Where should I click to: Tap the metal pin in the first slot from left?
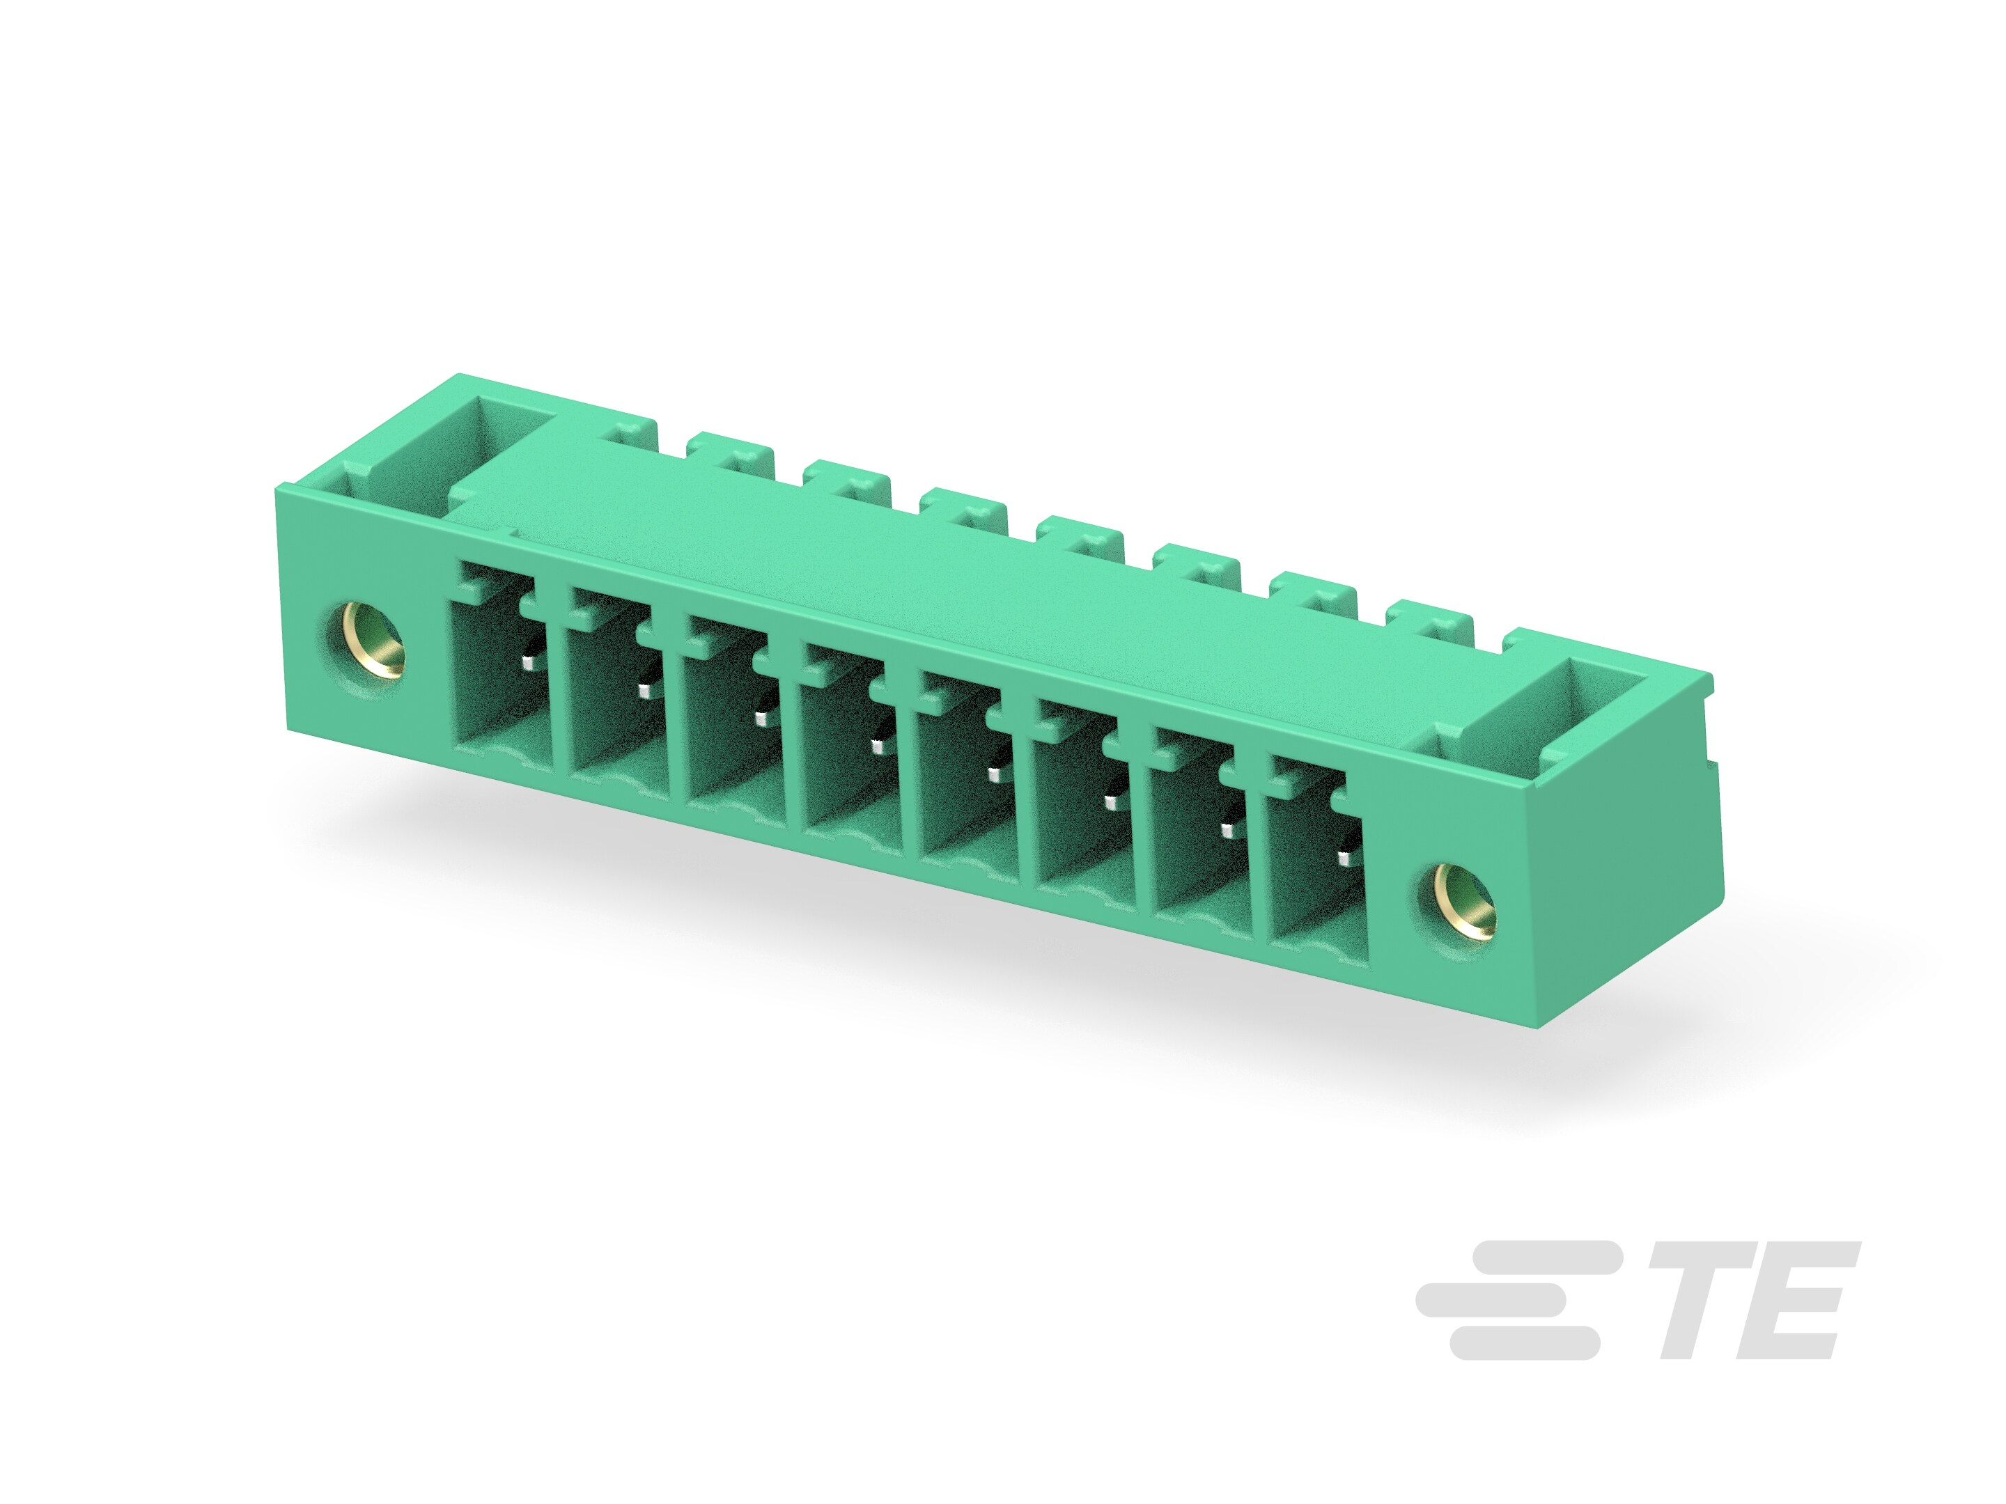[528, 664]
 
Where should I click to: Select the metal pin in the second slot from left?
[645, 691]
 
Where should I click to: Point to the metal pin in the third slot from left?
[762, 719]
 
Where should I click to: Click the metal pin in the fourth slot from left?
[877, 746]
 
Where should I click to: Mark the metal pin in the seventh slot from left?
[1229, 829]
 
